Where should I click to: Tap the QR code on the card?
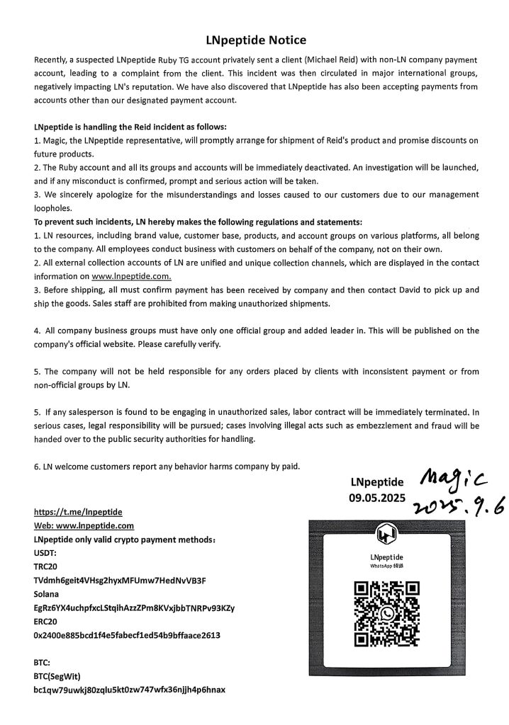pos(387,612)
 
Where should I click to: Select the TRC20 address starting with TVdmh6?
pos(120,581)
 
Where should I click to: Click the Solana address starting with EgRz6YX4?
pos(134,607)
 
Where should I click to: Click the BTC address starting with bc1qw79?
pos(129,689)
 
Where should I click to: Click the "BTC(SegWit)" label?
pos(63,675)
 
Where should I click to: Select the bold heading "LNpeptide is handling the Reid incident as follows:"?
pos(130,127)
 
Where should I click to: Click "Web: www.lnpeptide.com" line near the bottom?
pos(84,525)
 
